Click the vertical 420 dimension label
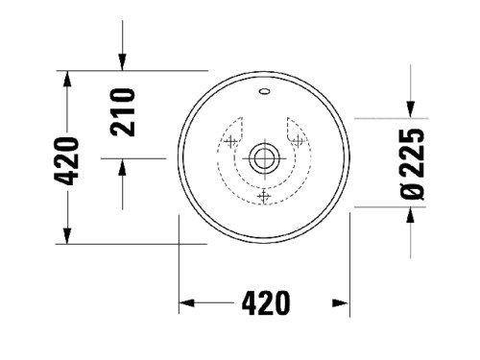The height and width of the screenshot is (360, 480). click(x=66, y=161)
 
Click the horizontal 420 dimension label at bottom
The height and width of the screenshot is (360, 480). click(x=266, y=302)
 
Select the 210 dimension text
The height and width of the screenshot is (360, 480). click(x=122, y=112)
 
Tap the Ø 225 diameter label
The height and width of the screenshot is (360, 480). click(x=413, y=164)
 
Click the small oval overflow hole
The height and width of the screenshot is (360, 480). click(x=265, y=91)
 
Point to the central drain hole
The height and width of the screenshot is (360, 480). click(x=264, y=158)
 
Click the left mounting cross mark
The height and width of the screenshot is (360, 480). click(x=230, y=141)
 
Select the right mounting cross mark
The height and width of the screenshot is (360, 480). click(x=299, y=141)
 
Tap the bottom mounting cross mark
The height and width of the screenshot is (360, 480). click(x=264, y=196)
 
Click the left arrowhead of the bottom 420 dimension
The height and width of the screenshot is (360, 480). click(x=186, y=302)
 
